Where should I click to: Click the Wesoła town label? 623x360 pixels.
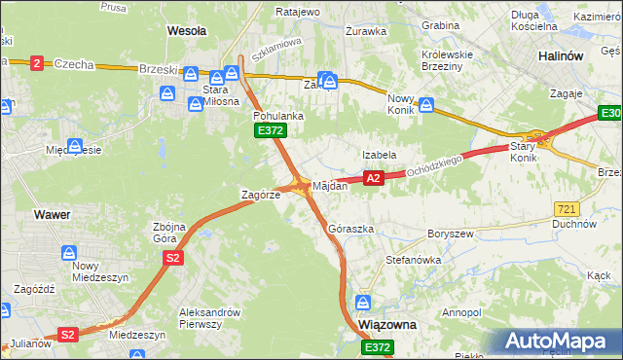187,30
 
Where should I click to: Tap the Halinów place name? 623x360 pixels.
561,55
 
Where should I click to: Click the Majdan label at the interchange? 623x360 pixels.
330,185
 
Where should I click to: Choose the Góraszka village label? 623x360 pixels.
351,230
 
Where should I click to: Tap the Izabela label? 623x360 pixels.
379,155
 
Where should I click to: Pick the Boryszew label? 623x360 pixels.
450,234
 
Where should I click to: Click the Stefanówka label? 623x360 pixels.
414,260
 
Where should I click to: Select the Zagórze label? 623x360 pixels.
261,195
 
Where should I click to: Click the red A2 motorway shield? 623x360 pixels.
372,178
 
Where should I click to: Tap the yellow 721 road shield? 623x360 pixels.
567,209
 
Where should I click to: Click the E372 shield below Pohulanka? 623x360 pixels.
269,130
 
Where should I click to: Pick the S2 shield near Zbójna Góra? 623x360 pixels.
172,258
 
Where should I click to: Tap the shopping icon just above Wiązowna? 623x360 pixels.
364,303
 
